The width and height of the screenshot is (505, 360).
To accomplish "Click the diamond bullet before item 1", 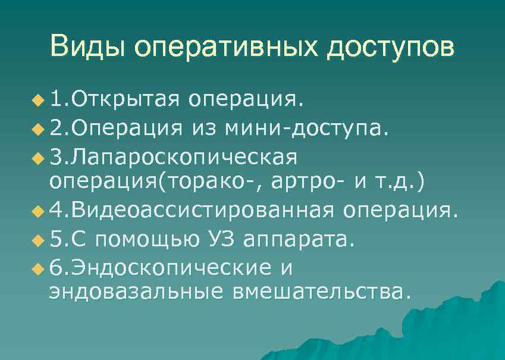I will tap(39, 98).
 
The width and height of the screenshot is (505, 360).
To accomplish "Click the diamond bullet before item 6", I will tap(39, 270).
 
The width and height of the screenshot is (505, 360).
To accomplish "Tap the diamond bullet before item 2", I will tap(39, 128).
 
